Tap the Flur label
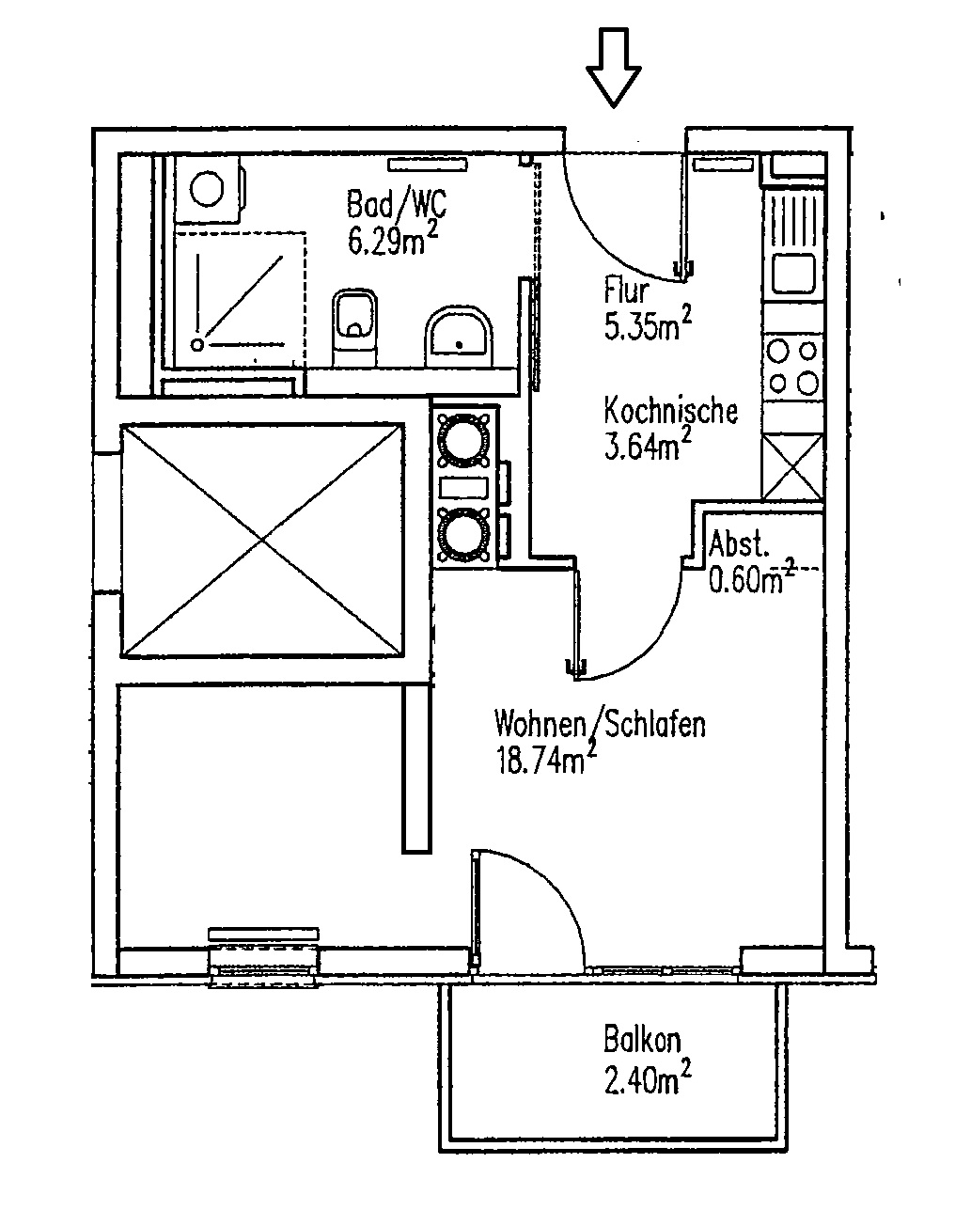click(x=627, y=291)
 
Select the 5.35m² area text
click(x=649, y=326)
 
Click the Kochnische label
click(x=669, y=411)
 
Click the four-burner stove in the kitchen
click(x=792, y=367)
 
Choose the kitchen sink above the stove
click(x=793, y=274)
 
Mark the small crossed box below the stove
click(x=792, y=466)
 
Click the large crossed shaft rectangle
click(x=261, y=541)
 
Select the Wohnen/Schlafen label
click(x=600, y=725)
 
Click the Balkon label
click(x=641, y=1042)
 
